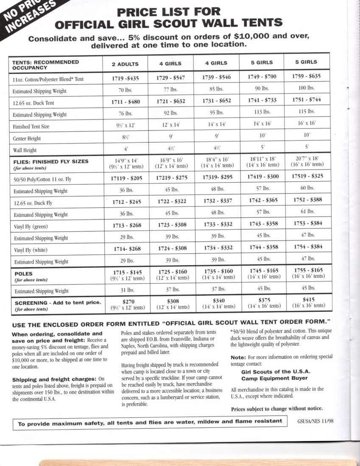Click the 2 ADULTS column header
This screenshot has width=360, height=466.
tap(125, 64)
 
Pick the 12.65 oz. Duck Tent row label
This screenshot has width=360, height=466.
tap(34, 103)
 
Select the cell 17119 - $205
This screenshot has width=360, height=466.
tap(125, 179)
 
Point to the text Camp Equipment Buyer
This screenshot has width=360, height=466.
tap(274, 378)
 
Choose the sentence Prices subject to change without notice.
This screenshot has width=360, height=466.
tap(277, 409)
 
